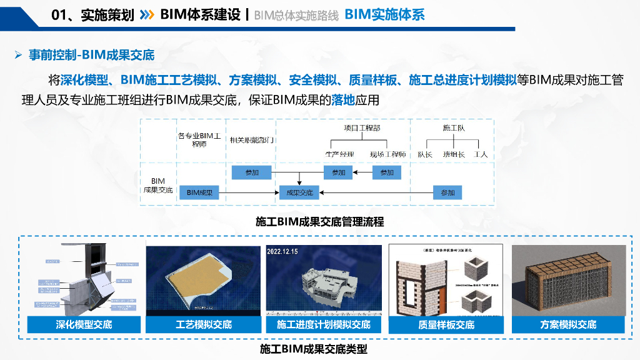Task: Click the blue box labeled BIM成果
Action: [200, 192]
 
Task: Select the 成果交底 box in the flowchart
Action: [299, 192]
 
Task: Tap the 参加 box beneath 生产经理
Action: [338, 172]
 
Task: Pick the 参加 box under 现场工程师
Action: [387, 172]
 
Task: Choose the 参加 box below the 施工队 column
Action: [447, 192]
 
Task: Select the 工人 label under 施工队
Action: [481, 154]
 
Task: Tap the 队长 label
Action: [425, 154]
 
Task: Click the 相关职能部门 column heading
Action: [253, 140]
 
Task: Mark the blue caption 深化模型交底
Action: [84, 325]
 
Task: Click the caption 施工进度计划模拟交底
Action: [324, 325]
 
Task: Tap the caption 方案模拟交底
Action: [568, 325]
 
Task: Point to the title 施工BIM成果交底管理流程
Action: [319, 222]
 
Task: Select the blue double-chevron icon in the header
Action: [147, 14]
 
